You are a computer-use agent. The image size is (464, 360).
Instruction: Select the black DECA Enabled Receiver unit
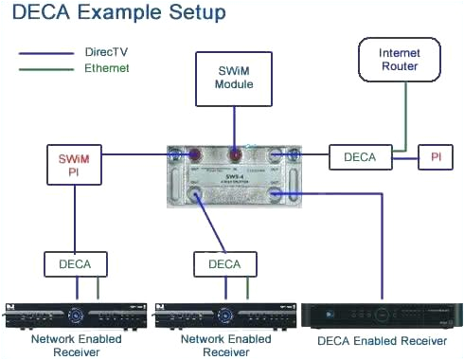click(x=383, y=315)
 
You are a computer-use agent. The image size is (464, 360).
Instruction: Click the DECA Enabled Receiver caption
click(x=383, y=339)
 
